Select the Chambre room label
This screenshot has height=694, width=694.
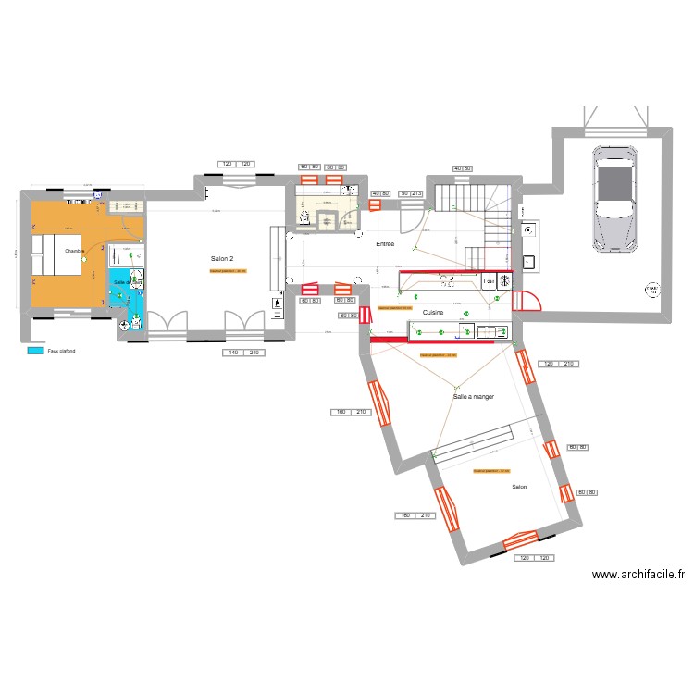coord(74,251)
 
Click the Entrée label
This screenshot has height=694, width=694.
coord(385,243)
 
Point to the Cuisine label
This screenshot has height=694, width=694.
coord(432,313)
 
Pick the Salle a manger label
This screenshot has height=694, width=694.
coord(473,396)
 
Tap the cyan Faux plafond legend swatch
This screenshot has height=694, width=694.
coord(35,352)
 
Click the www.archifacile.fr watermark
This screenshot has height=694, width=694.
coord(638,575)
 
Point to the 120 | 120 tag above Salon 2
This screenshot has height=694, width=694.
coord(235,164)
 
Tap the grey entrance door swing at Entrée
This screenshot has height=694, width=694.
coord(408,219)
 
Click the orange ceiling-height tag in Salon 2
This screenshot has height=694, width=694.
coord(228,271)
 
